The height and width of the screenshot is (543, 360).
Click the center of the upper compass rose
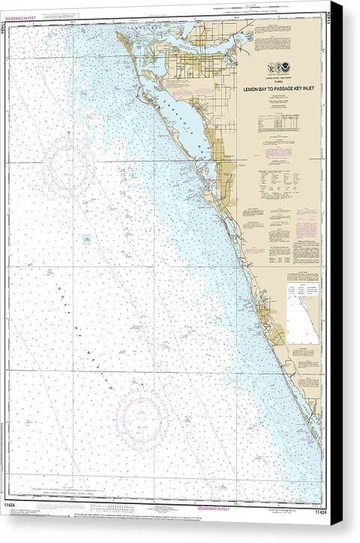(x=68, y=166)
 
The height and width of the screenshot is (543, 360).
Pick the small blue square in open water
(x=87, y=240)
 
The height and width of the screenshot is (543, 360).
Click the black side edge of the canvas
(x=336, y=270)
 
